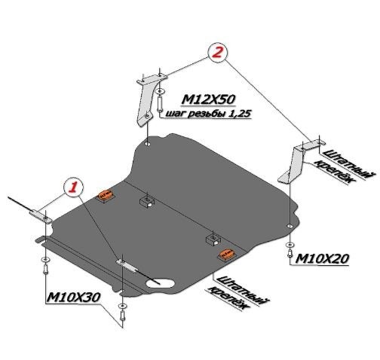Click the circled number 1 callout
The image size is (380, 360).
pos(74,187)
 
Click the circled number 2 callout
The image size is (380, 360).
pos(217,52)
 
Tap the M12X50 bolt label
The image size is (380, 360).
pos(208,99)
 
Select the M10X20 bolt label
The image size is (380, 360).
pos(322,258)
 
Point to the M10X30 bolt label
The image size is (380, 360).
pos(73,297)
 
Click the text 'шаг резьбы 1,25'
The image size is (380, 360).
pos(208,114)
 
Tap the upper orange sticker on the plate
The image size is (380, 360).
pos(106,195)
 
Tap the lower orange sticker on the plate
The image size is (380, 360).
pos(227,255)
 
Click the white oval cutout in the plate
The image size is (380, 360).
pos(160,283)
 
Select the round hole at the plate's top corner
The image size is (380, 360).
pos(147,144)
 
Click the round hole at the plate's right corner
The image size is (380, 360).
pos(290,226)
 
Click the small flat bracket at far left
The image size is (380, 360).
pos(41,217)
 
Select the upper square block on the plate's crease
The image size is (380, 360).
pos(146,202)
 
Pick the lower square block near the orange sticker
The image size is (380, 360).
pos(213,239)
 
